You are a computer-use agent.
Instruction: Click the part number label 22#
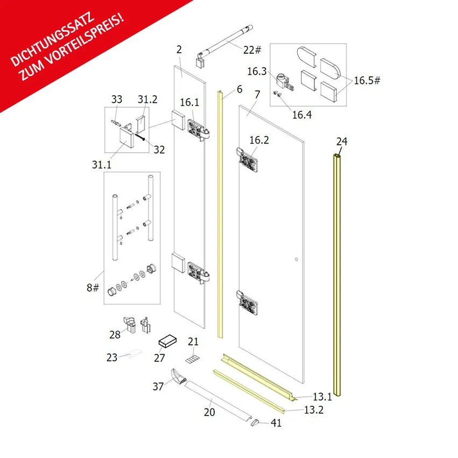(x=252, y=50)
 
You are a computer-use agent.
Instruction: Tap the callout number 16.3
(x=257, y=71)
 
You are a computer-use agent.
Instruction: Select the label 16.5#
(x=367, y=81)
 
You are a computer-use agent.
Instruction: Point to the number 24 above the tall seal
(x=342, y=142)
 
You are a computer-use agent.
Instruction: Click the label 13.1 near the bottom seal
(x=322, y=397)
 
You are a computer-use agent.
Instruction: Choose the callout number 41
(x=276, y=423)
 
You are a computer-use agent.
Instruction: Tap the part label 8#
(x=93, y=288)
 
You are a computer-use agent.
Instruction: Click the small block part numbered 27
(x=168, y=341)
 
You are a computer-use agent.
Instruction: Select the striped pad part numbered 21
(x=193, y=359)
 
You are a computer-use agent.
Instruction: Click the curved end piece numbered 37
(x=178, y=376)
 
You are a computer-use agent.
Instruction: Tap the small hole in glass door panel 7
(x=296, y=259)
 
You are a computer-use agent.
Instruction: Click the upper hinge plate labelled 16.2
(x=248, y=159)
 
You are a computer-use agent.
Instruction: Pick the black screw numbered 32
(x=139, y=137)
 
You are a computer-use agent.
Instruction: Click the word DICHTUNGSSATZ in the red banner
(x=53, y=39)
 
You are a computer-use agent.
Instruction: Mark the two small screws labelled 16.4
(x=277, y=94)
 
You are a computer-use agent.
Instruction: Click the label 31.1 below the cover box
(x=102, y=165)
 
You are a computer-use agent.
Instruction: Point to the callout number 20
(x=209, y=412)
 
